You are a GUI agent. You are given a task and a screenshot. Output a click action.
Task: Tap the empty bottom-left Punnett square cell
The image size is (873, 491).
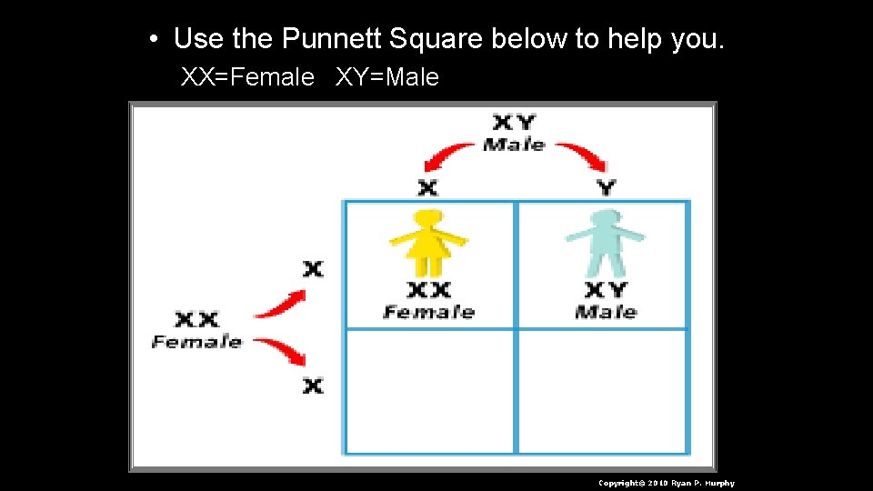click(428, 391)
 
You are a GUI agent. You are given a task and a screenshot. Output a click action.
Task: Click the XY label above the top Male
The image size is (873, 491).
click(514, 122)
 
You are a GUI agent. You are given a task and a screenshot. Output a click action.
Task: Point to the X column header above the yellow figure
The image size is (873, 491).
click(427, 187)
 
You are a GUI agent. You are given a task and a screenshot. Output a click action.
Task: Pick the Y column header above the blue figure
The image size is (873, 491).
click(606, 187)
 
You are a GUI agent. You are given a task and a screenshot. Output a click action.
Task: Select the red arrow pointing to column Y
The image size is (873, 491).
click(582, 155)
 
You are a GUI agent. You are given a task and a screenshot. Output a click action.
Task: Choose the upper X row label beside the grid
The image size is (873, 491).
click(313, 269)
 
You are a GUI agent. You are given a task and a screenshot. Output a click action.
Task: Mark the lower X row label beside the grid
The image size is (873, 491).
click(313, 386)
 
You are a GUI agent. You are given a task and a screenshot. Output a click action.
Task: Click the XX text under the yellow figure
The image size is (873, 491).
click(428, 290)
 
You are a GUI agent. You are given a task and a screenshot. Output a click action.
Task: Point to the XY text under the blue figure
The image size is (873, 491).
click(606, 290)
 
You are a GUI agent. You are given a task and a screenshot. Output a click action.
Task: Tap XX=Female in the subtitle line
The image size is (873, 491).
click(247, 78)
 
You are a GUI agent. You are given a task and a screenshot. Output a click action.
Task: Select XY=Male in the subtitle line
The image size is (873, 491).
click(387, 78)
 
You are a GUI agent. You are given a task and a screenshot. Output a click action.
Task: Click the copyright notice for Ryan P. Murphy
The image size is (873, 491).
click(666, 483)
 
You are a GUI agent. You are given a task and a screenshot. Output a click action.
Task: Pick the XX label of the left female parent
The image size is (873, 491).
click(196, 320)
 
